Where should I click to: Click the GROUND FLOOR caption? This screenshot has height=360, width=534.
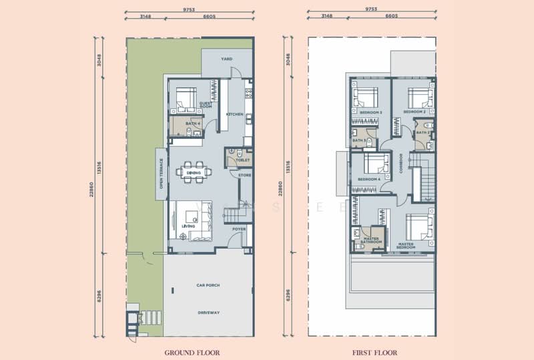(192, 351)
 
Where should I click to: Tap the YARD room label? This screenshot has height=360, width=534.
(227, 59)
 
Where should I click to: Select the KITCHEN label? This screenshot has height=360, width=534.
(234, 114)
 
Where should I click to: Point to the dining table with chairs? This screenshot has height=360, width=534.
(194, 172)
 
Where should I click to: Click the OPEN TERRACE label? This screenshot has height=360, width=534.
(162, 173)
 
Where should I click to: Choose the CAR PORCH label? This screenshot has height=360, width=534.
(209, 285)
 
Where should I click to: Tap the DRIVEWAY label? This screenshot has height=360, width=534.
(209, 312)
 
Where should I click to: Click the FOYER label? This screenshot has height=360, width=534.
(239, 229)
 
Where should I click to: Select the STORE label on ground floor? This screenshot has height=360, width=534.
(244, 175)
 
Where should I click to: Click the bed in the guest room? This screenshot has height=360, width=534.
(184, 100)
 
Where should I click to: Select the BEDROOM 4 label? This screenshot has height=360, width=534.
(369, 179)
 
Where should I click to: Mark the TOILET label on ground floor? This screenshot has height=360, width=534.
(243, 160)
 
